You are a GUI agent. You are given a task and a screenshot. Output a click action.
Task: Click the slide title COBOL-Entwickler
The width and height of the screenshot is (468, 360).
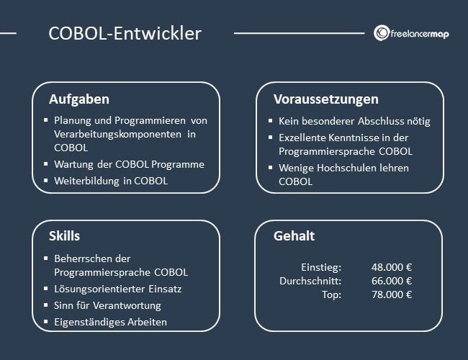(125, 33)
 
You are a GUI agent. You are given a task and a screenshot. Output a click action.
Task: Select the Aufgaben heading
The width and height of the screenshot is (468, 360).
(79, 99)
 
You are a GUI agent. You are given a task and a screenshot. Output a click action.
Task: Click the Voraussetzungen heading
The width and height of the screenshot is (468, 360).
(325, 99)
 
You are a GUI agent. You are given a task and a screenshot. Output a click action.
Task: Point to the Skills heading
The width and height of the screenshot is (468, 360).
(64, 236)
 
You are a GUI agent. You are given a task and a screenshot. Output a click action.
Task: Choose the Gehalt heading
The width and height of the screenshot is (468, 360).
(294, 236)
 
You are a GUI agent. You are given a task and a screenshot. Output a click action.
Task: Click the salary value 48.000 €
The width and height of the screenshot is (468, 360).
(392, 267)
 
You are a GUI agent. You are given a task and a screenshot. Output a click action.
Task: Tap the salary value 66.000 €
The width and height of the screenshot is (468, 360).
(392, 281)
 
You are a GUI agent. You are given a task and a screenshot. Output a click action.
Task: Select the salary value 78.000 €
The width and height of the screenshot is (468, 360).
(392, 294)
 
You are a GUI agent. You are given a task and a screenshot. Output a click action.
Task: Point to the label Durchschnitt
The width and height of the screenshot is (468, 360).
(310, 281)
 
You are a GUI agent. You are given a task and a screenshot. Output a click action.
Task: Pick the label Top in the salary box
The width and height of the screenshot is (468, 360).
(332, 294)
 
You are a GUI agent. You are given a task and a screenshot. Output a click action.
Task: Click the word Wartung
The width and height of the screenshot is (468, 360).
(76, 164)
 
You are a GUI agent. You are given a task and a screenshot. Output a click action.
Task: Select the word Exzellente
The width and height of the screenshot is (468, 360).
(305, 137)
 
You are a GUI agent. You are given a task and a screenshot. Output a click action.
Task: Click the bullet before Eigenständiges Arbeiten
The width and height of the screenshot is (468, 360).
(45, 321)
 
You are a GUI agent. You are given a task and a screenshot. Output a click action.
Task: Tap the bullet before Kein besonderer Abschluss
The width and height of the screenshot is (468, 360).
(270, 121)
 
